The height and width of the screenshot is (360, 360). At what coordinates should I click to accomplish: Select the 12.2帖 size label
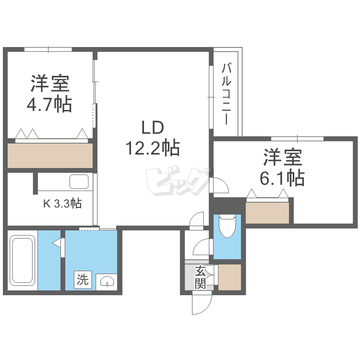click(152, 147)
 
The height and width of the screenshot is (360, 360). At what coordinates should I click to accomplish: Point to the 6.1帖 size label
click(282, 178)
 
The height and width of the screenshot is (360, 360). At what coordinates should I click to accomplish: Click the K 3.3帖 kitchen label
click(62, 204)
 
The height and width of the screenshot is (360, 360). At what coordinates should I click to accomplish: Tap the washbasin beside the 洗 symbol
click(106, 281)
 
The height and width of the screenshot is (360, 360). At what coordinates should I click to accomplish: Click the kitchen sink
click(79, 182)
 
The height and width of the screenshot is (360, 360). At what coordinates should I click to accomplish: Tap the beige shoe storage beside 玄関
click(229, 277)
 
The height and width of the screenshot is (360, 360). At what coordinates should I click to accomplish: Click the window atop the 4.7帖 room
click(48, 49)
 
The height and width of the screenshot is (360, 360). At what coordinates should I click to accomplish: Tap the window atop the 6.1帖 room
click(297, 139)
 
